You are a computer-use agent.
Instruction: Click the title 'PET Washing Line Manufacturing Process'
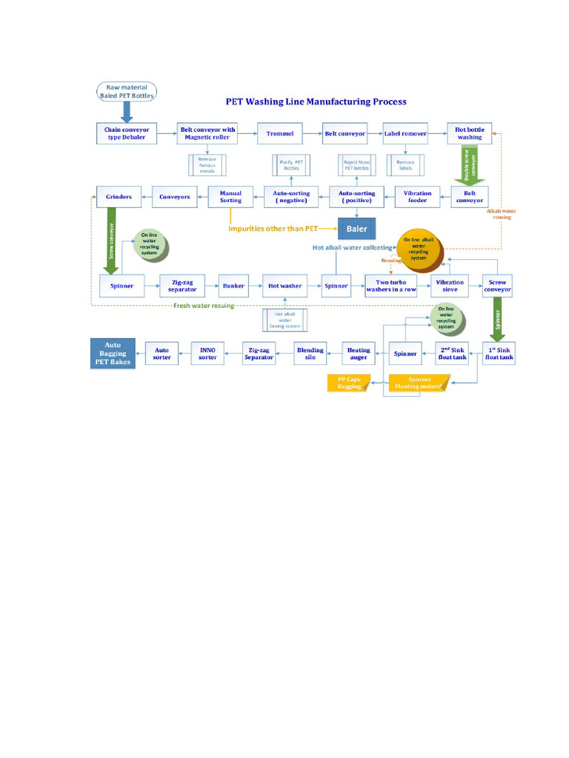pyautogui.click(x=316, y=101)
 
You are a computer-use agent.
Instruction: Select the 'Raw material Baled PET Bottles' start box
pyautogui.click(x=127, y=91)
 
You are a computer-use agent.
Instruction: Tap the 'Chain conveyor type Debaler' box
pyautogui.click(x=126, y=133)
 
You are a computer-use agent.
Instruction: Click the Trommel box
pyautogui.click(x=279, y=133)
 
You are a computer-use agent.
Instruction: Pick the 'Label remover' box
pyautogui.click(x=405, y=133)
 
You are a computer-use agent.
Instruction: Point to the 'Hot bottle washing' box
pyautogui.click(x=470, y=133)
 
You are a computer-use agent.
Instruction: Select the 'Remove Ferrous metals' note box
pyautogui.click(x=207, y=165)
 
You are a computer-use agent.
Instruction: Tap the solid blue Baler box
pyautogui.click(x=357, y=229)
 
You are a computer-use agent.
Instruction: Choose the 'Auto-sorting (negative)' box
pyautogui.click(x=291, y=196)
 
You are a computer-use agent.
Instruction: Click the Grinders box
pyautogui.click(x=119, y=196)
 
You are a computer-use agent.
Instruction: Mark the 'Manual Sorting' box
pyautogui.click(x=230, y=196)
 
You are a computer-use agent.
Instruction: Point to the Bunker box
pyautogui.click(x=233, y=286)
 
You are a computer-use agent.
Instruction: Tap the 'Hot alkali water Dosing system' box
pyautogui.click(x=279, y=319)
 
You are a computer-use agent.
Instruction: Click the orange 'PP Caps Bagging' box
pyautogui.click(x=350, y=383)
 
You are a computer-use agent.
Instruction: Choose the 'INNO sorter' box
pyautogui.click(x=208, y=352)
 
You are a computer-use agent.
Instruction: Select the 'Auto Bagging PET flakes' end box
pyautogui.click(x=113, y=353)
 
